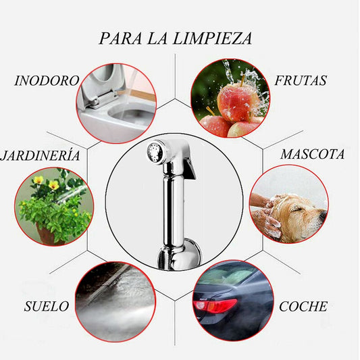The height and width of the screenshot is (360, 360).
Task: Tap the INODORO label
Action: (x=47, y=80)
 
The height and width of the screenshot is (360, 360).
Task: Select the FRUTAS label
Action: (x=301, y=80)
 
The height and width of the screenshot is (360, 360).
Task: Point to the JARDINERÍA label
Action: (x=41, y=155)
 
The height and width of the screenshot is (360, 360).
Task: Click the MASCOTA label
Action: (x=312, y=154)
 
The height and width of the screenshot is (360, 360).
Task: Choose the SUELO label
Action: (x=46, y=306)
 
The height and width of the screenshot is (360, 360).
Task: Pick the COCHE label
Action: (x=303, y=306)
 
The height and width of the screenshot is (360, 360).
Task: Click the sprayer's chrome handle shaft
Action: (x=170, y=209)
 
